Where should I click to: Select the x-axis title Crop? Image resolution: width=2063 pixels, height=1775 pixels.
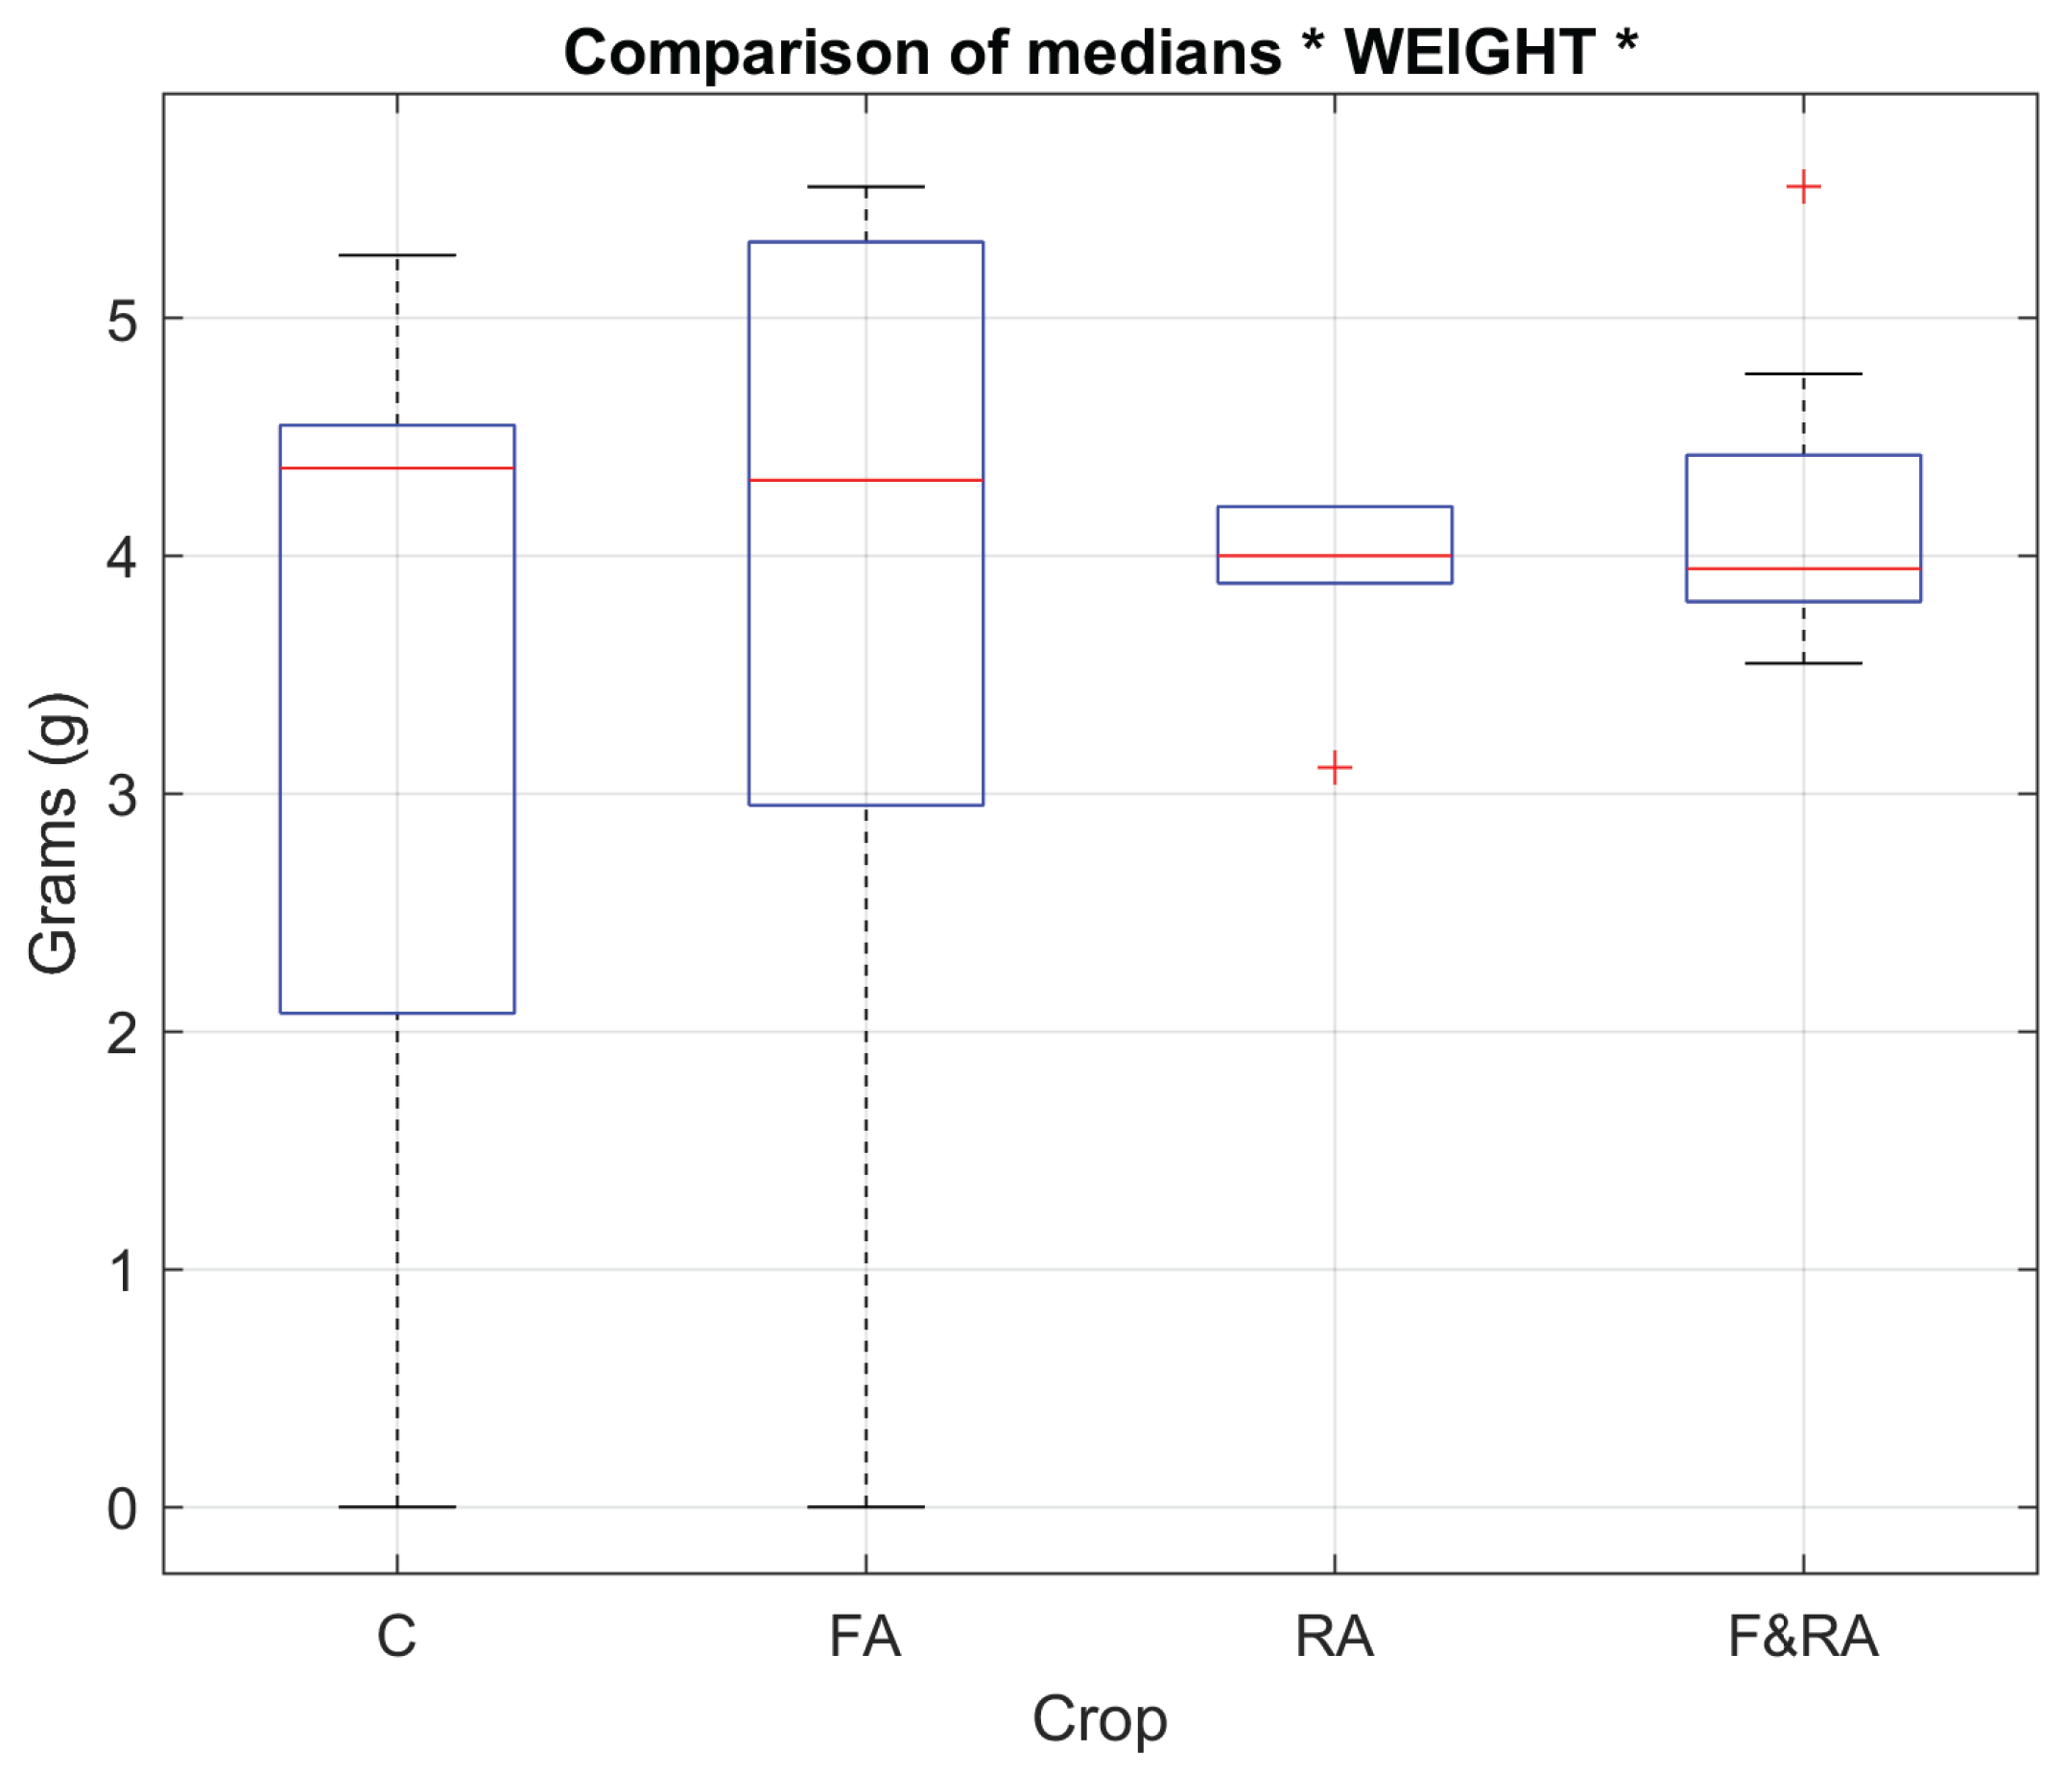tap(1099, 1718)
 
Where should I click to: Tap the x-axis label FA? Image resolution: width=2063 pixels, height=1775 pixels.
tap(866, 1637)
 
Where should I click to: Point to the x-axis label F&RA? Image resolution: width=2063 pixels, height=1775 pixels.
tap(1802, 1637)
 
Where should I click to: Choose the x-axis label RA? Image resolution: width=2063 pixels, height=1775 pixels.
tap(1334, 1637)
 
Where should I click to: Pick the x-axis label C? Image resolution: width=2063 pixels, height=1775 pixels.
tap(396, 1637)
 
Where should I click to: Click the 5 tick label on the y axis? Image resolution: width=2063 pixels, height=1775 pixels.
tap(122, 320)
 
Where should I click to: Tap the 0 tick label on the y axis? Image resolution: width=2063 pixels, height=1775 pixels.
tap(122, 1509)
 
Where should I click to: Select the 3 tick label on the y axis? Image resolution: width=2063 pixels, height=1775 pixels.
tap(122, 796)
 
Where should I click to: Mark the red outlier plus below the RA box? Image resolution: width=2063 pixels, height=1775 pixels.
tap(1334, 768)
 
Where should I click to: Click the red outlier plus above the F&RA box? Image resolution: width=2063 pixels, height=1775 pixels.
tap(1803, 187)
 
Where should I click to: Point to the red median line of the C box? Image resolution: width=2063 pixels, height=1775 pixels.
tap(397, 468)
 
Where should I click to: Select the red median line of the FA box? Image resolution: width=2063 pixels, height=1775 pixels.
tap(866, 480)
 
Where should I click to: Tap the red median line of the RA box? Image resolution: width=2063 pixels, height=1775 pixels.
tap(1334, 556)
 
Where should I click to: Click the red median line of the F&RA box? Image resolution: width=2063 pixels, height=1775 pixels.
tap(1803, 568)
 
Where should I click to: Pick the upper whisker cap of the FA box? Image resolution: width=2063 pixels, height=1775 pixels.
tap(866, 186)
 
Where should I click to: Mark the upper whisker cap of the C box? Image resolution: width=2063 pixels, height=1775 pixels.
tap(397, 255)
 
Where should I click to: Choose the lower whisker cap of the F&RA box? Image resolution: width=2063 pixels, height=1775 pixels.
tap(1803, 663)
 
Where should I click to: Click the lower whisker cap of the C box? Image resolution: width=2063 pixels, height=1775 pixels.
tap(397, 1507)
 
